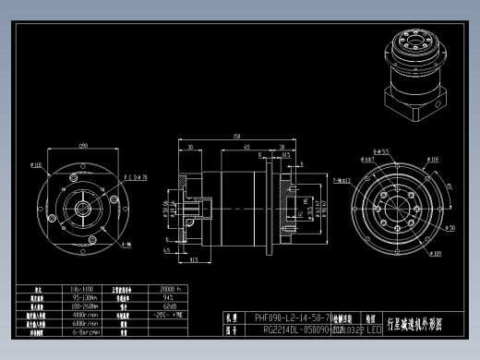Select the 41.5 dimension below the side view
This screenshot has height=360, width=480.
click(x=195, y=260)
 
